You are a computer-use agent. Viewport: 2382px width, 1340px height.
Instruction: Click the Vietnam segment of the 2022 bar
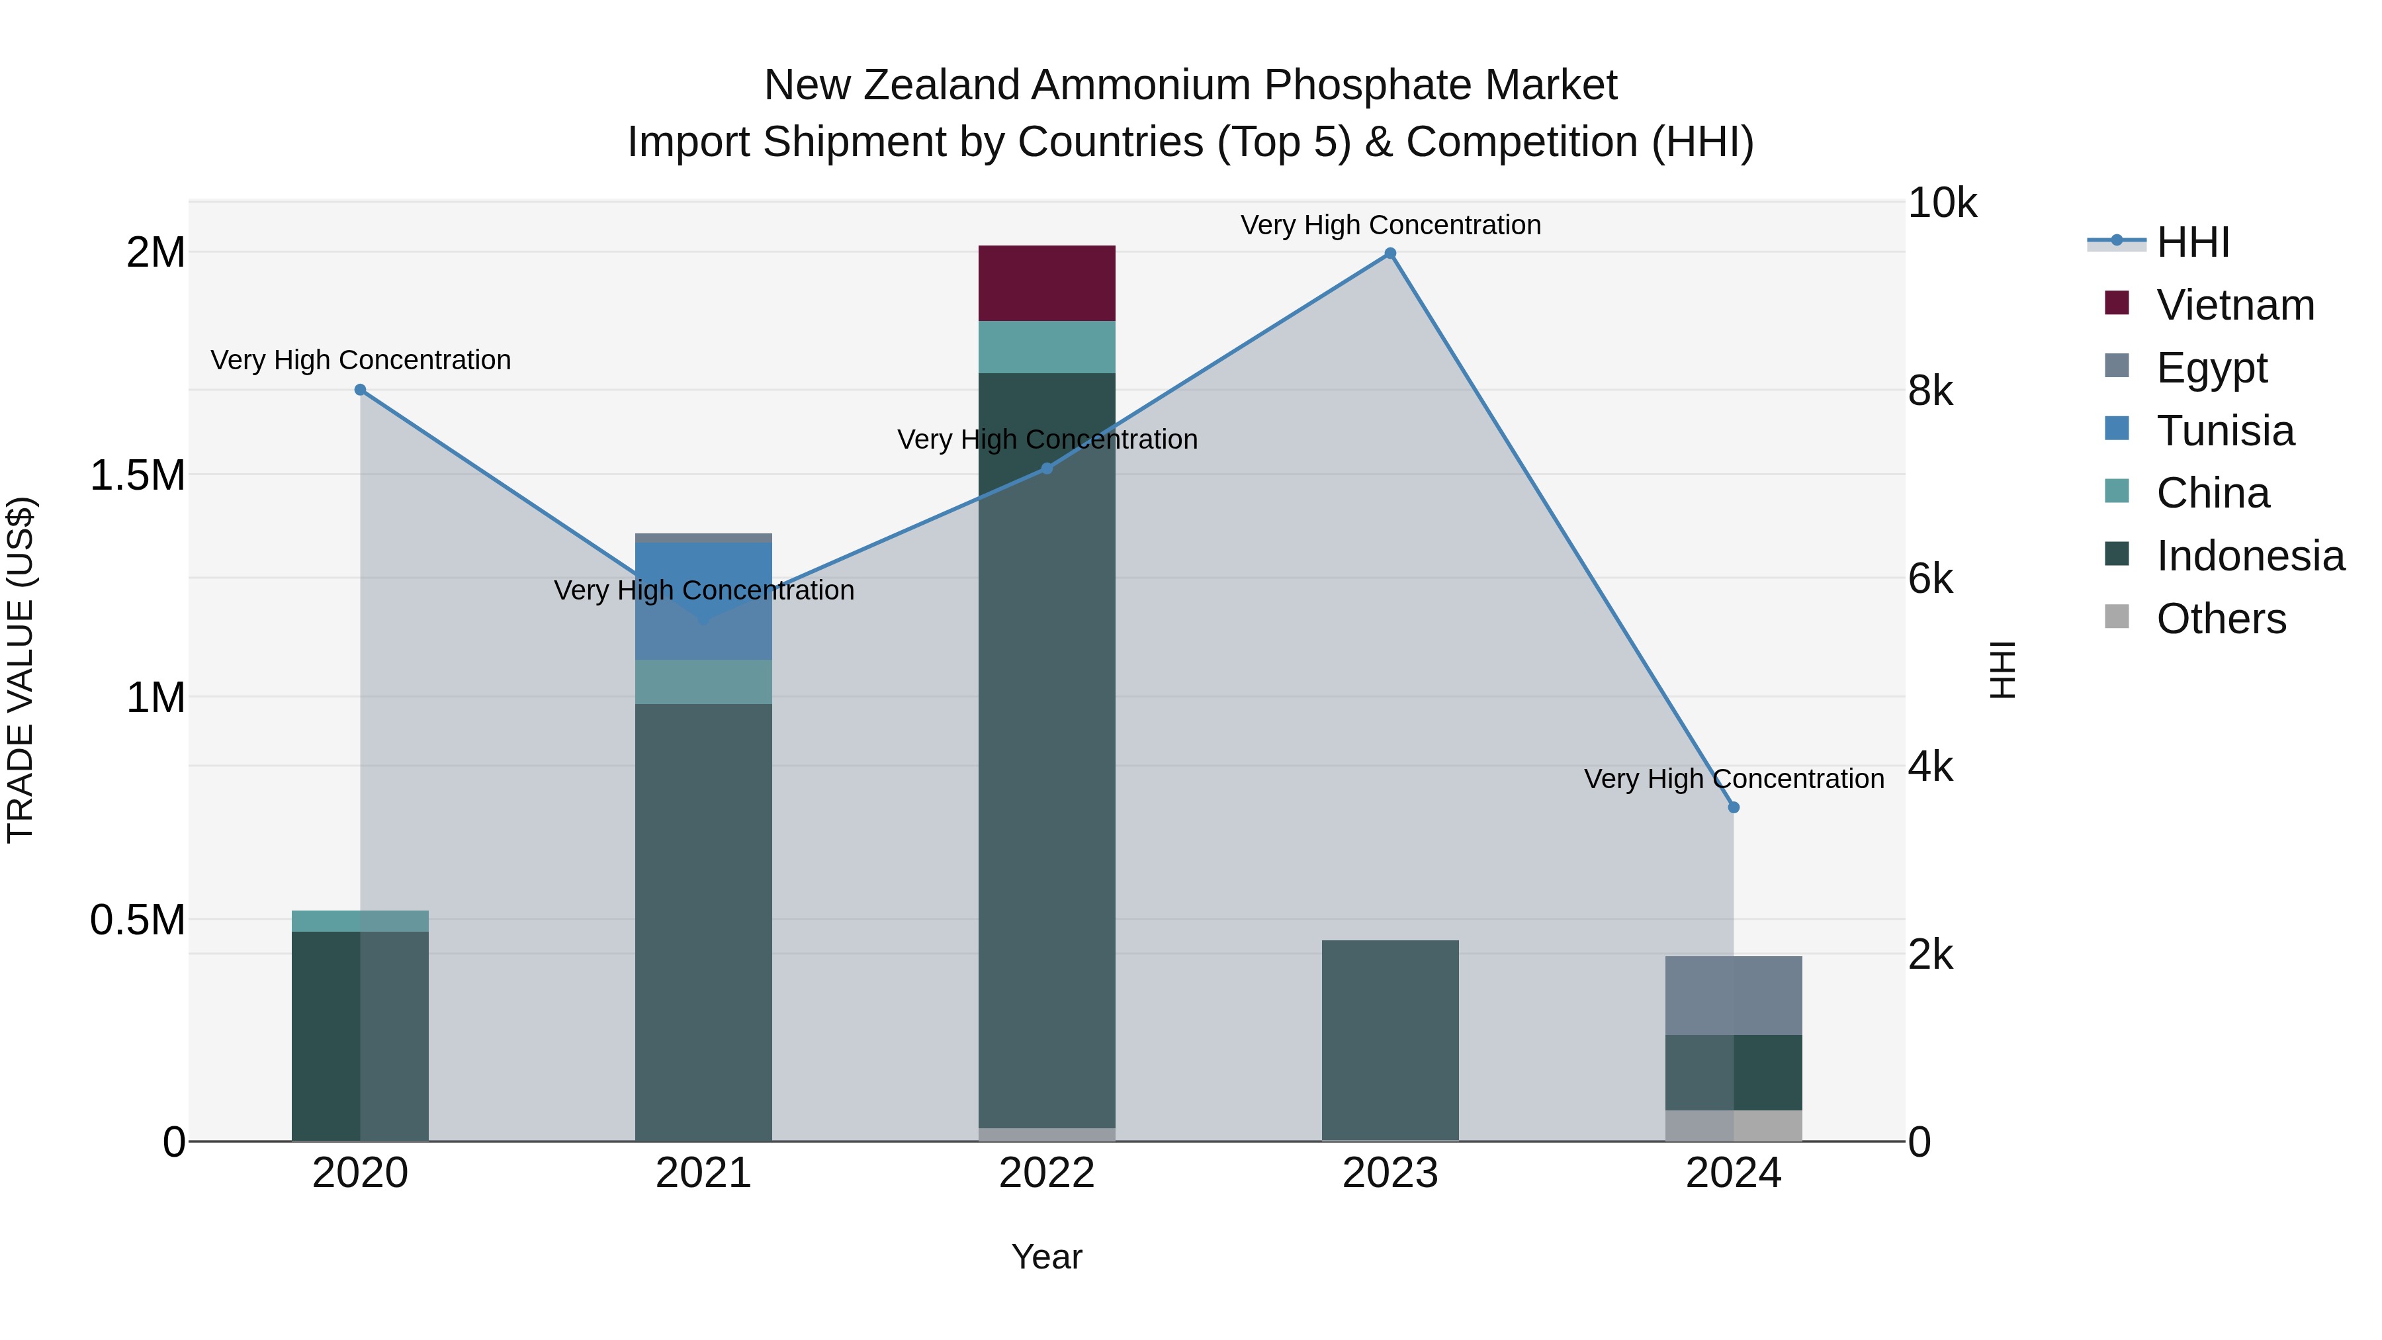[x=1047, y=283]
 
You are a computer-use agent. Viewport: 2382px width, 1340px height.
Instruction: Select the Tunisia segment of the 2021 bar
[x=704, y=601]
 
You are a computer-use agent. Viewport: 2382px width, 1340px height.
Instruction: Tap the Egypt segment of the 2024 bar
[x=1734, y=995]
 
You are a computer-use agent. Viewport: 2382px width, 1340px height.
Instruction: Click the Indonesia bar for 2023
[x=1389, y=1040]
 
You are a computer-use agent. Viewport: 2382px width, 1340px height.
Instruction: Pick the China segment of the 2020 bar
[x=360, y=921]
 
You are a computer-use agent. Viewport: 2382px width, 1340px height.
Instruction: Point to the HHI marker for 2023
[x=1389, y=253]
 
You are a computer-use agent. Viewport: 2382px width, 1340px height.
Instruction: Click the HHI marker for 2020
[x=361, y=389]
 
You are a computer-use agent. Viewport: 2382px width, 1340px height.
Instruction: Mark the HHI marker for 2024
[x=1734, y=807]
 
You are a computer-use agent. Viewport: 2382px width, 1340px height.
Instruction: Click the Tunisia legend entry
[x=2225, y=431]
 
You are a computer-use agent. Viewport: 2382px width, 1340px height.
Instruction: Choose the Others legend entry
[x=2220, y=619]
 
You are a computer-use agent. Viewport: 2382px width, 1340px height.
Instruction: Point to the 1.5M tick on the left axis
[x=137, y=475]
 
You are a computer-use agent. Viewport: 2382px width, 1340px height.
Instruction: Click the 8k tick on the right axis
[x=1931, y=391]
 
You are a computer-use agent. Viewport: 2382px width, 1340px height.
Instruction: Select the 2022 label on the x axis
[x=1047, y=1173]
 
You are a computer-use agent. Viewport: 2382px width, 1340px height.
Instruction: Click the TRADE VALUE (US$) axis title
[x=21, y=670]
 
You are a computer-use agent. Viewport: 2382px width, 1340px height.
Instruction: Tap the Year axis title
[x=1047, y=1257]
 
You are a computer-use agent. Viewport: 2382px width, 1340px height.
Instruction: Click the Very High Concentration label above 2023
[x=1389, y=225]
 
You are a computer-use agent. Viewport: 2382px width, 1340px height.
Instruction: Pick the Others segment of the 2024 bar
[x=1734, y=1126]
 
